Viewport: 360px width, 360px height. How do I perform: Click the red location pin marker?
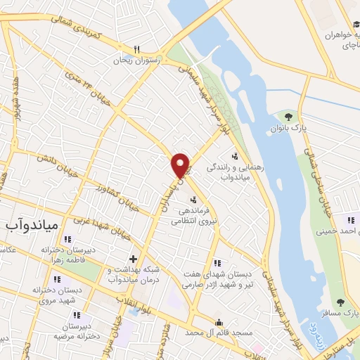[x=181, y=165]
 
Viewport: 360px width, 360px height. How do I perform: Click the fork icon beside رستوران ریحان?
[x=137, y=49]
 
